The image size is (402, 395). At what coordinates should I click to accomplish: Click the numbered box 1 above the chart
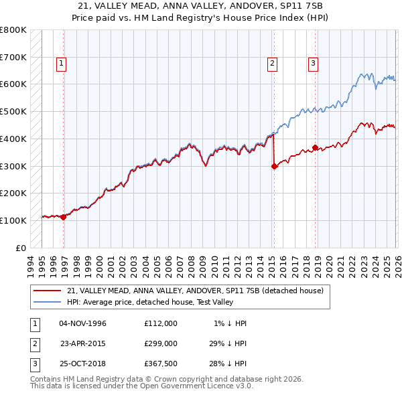(61, 64)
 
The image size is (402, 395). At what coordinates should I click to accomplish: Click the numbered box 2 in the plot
(273, 64)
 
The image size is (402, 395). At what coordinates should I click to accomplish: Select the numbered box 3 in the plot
(313, 64)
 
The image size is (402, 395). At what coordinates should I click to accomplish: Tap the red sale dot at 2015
(274, 167)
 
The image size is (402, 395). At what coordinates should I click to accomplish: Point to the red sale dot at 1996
(64, 217)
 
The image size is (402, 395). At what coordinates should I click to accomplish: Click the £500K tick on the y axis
(13, 111)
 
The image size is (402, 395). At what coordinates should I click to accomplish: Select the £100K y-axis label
(13, 220)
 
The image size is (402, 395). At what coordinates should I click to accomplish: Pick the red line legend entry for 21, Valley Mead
(195, 291)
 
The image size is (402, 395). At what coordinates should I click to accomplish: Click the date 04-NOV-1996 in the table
(83, 323)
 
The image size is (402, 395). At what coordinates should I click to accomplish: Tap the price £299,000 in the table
(160, 344)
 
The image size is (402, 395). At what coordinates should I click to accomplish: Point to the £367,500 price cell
(160, 365)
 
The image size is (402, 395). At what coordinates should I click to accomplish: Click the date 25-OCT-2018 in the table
(83, 365)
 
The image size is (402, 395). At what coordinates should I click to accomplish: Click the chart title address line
(200, 6)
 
